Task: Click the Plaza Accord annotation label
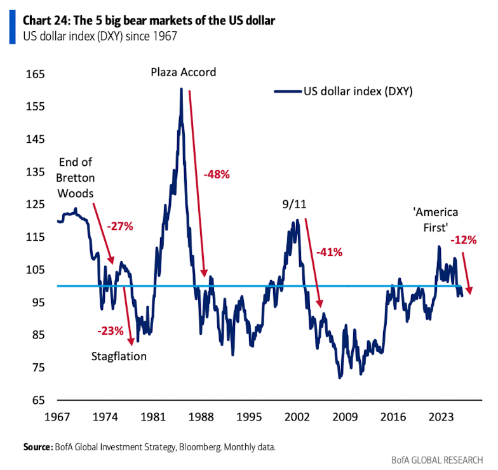183,72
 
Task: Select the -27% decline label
119,226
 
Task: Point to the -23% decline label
111,330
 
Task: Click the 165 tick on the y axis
36,74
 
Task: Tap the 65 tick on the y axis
38,400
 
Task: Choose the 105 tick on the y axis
36,270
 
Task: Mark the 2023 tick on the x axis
441,417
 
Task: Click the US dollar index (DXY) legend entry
344,91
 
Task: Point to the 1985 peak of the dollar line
181,89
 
